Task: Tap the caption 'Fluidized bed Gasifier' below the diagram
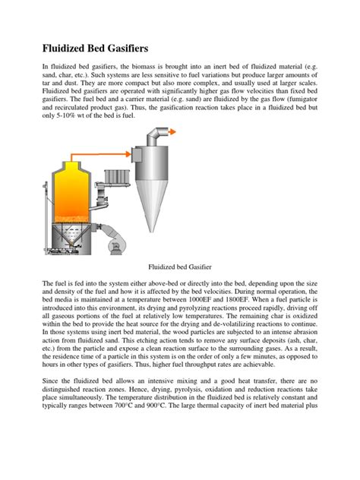(180, 268)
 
